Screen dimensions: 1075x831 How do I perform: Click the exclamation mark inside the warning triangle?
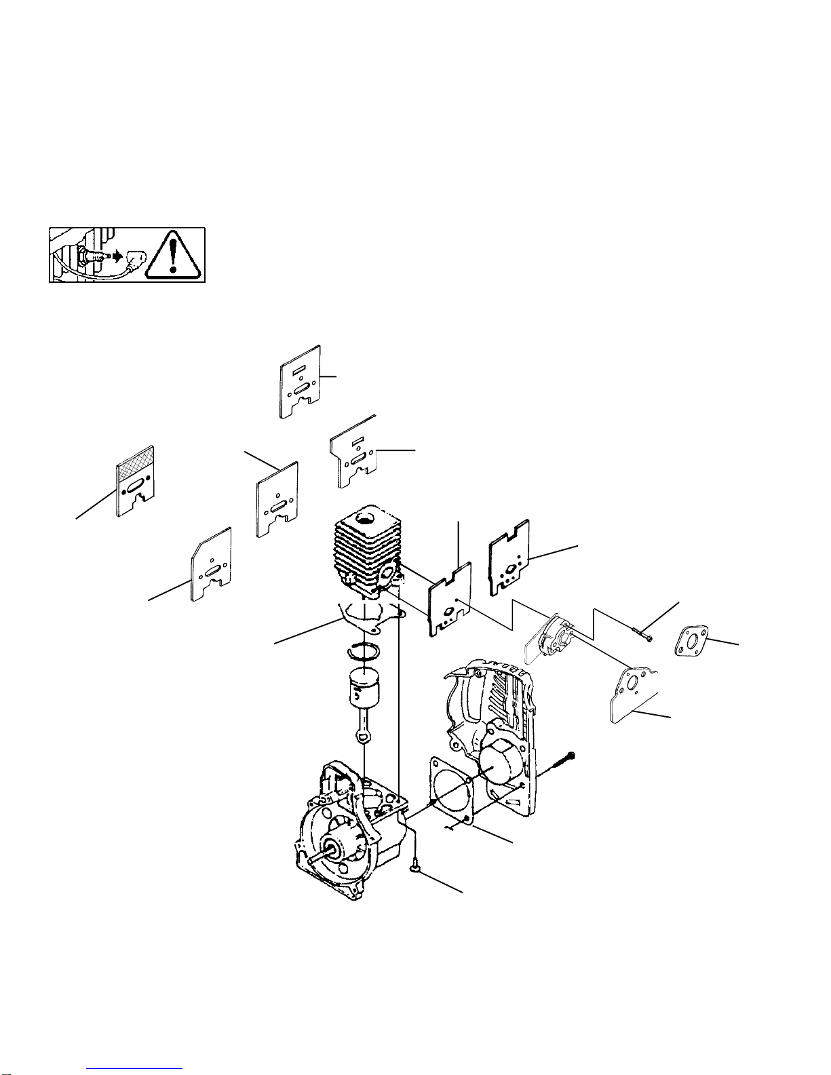tap(174, 255)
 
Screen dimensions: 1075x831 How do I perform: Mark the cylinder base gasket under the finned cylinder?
tap(370, 612)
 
